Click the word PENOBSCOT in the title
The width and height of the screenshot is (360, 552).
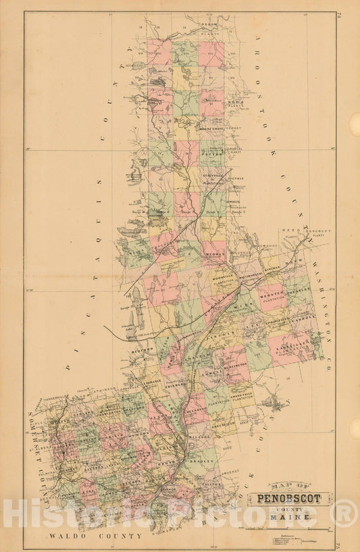(x=292, y=500)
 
